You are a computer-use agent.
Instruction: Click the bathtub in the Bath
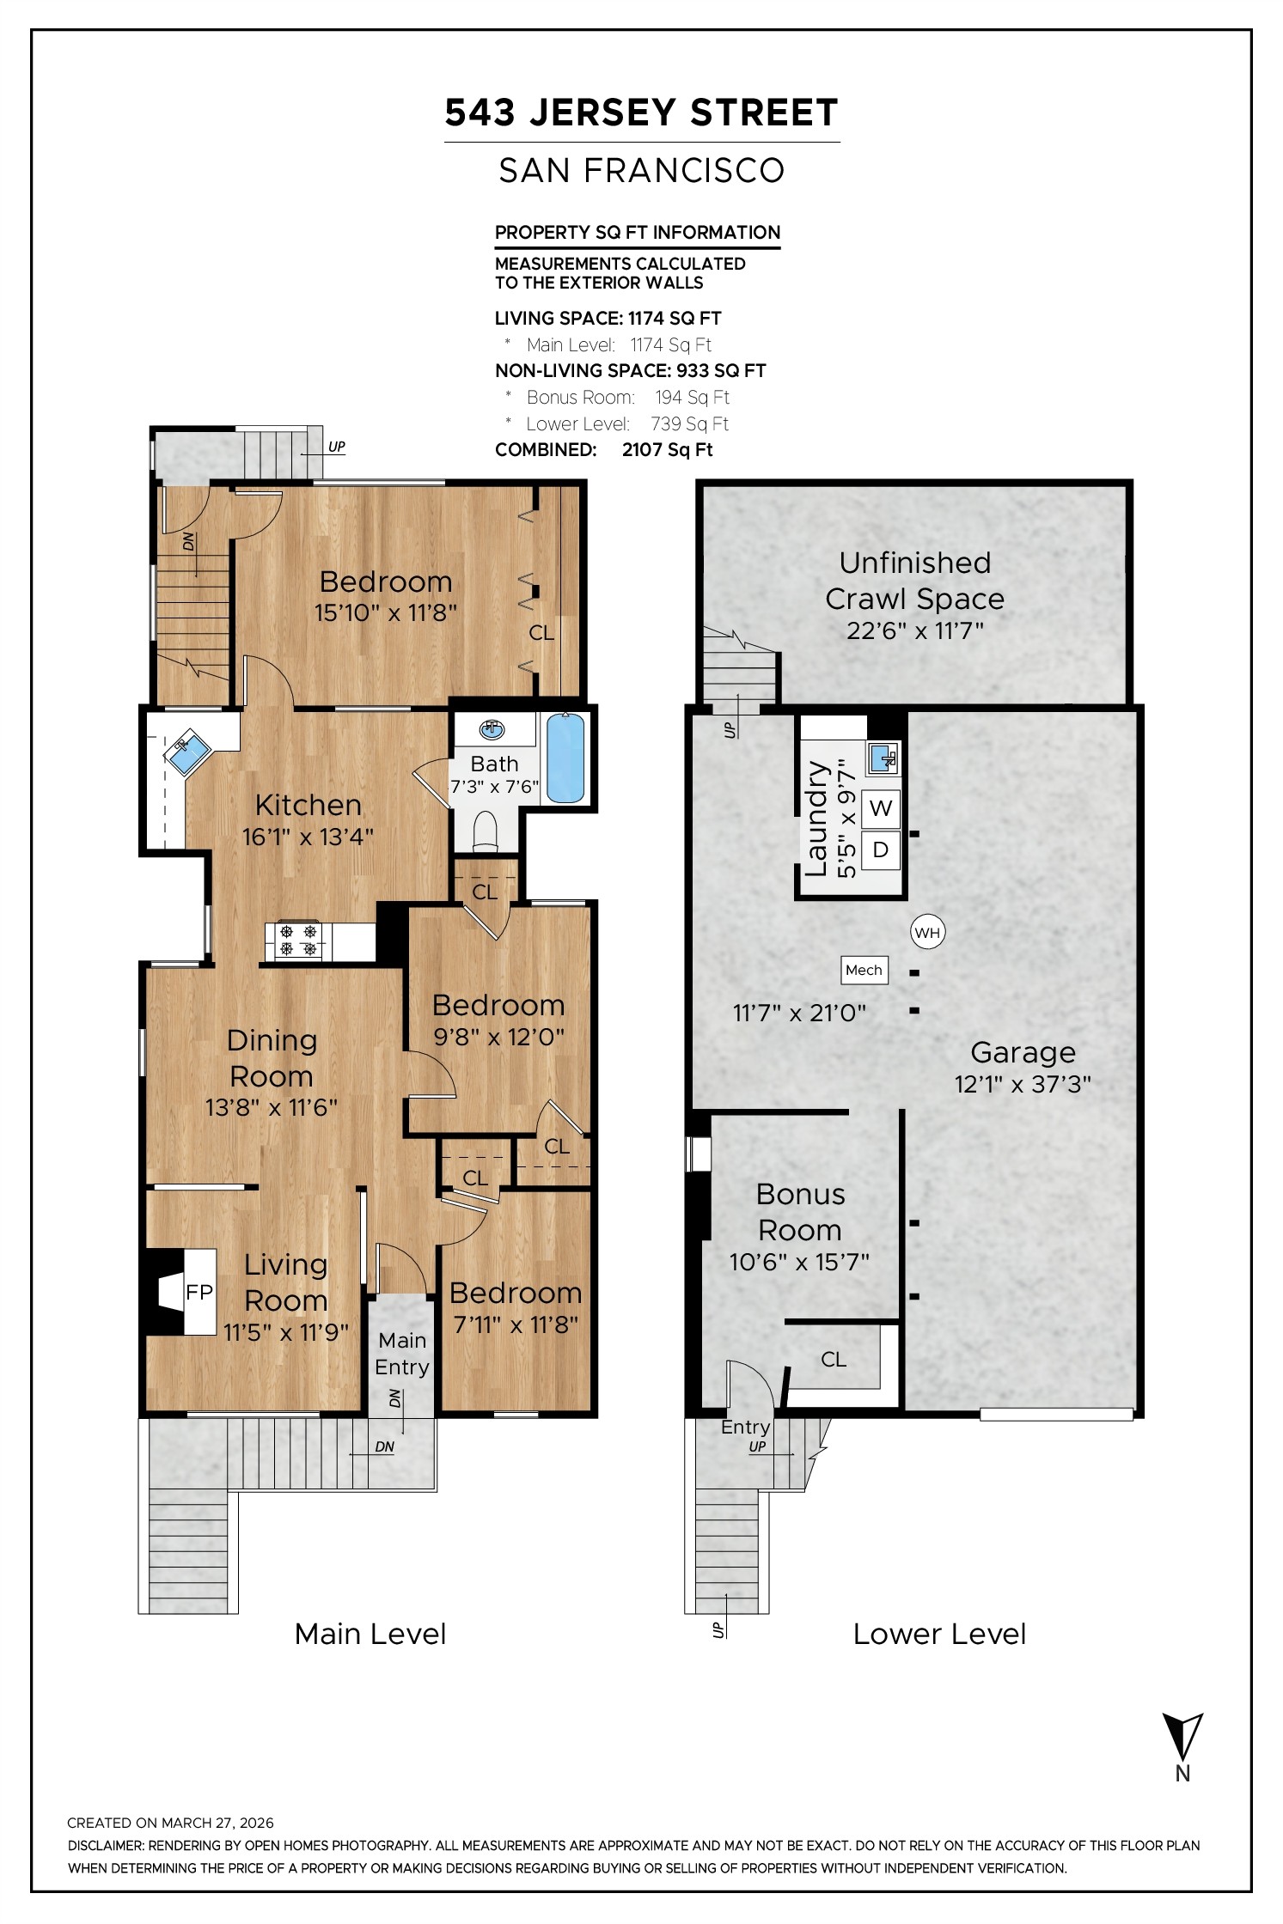coord(565,758)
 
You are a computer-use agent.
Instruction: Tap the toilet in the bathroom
coord(486,831)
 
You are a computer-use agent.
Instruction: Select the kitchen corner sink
coord(186,752)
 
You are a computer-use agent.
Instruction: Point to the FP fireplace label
coord(199,1292)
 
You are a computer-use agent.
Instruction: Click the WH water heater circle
coord(927,933)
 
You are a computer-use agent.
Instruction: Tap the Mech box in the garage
coord(864,970)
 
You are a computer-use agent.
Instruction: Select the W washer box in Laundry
coord(880,808)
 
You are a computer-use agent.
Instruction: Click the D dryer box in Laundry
coord(880,849)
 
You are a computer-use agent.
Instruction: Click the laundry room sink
coord(883,758)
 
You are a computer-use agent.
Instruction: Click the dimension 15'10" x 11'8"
coord(386,612)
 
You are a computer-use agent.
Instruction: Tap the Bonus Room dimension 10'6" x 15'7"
coord(799,1262)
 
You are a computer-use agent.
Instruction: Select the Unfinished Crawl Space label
coord(914,581)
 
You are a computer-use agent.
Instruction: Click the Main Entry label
coord(402,1353)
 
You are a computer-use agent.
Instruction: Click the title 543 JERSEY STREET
coord(641,113)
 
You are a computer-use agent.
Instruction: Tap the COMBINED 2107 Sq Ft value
coord(667,450)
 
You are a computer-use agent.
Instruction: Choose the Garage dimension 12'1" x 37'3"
coord(1023,1084)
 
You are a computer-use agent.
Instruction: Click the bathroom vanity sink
coord(492,729)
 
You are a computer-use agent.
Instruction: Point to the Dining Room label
coord(272,1057)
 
